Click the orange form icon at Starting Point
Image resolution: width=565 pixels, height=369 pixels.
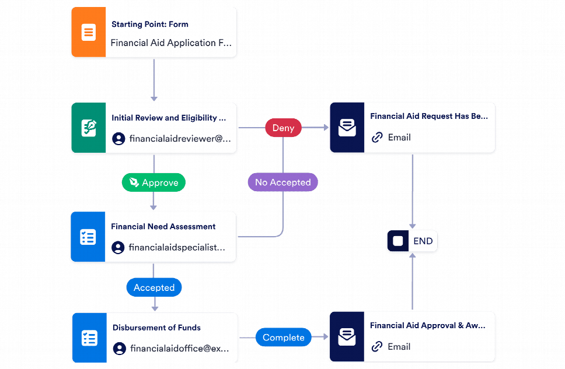click(x=88, y=32)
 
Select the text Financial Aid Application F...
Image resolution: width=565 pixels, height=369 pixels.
click(x=170, y=43)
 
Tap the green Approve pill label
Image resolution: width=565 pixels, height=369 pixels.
click(x=154, y=182)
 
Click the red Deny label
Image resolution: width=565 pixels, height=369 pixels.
click(x=283, y=128)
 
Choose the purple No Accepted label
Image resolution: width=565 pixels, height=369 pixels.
click(x=282, y=182)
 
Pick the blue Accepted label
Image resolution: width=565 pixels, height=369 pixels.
click(x=154, y=287)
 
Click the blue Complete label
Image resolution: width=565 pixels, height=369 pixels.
click(x=283, y=338)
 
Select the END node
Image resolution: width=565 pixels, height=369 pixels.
click(x=412, y=241)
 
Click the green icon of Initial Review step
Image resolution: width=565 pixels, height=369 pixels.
click(x=88, y=128)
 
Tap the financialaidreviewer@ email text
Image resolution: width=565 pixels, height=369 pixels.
click(x=180, y=139)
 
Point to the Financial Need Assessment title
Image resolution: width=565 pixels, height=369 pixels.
click(x=163, y=226)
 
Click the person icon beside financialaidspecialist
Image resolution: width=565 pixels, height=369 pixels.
click(x=118, y=248)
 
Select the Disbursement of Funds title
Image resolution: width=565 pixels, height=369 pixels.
click(x=156, y=327)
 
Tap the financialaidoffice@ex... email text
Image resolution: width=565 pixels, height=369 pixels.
click(x=180, y=349)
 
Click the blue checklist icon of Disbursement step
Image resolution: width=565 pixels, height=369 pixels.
click(x=89, y=338)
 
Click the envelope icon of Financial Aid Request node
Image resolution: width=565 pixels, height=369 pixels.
click(x=347, y=128)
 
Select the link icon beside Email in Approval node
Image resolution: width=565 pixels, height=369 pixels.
click(x=377, y=347)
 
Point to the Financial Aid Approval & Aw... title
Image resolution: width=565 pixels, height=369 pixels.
click(x=427, y=325)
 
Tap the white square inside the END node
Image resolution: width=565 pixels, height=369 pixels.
click(x=398, y=241)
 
